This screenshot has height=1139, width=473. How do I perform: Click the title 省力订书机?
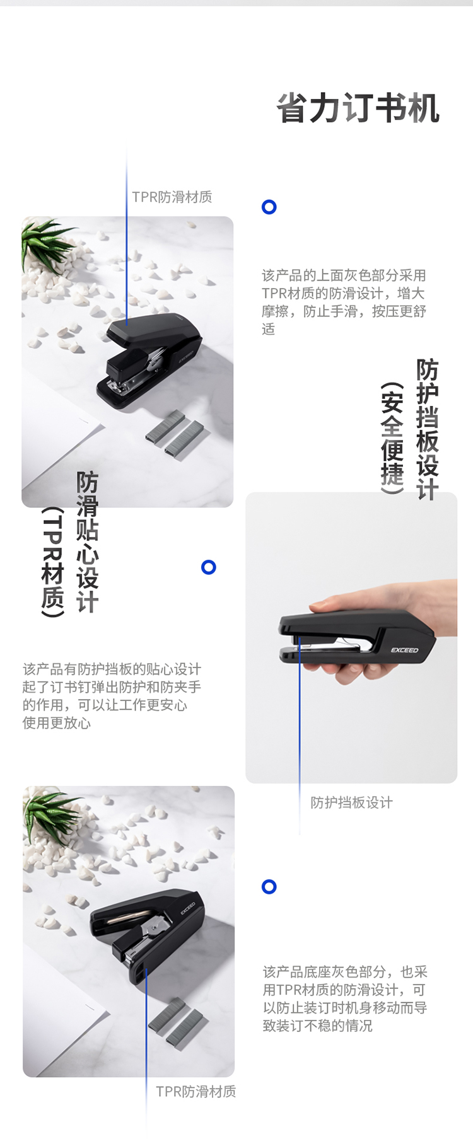tap(358, 108)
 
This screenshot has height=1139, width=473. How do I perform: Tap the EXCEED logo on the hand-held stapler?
tap(404, 650)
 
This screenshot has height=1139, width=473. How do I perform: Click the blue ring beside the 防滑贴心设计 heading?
tap(209, 567)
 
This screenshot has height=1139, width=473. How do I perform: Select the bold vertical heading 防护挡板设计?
tap(428, 429)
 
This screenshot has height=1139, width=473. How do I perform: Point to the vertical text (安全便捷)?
tap(392, 437)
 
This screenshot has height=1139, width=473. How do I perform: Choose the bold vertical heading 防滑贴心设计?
tap(88, 541)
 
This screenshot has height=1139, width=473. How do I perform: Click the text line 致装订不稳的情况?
tap(318, 1026)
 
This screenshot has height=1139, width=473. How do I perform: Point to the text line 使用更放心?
tap(57, 722)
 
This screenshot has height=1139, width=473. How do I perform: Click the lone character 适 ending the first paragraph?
tap(269, 328)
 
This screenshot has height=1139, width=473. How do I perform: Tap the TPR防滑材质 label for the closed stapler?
tap(172, 197)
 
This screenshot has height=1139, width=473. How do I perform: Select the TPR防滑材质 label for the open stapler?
tap(196, 1091)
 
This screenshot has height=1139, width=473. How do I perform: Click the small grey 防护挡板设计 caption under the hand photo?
tap(351, 802)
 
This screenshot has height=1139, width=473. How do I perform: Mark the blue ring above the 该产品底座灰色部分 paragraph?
tap(269, 887)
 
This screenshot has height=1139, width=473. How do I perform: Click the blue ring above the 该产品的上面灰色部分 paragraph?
tap(269, 207)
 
